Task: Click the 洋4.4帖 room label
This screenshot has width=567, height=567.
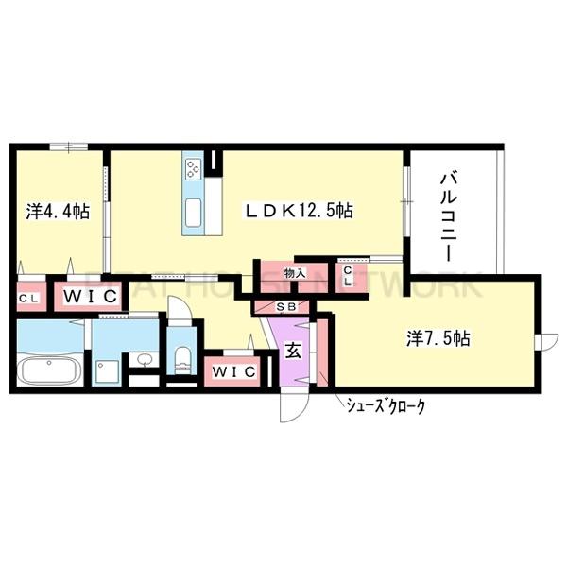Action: (59, 213)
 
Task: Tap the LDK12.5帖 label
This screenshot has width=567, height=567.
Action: (301, 212)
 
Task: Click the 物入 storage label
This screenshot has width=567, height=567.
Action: (296, 273)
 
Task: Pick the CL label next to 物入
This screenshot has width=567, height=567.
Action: (348, 277)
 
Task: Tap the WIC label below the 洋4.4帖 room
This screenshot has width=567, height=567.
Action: (90, 297)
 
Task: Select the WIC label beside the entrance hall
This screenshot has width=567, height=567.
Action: (233, 371)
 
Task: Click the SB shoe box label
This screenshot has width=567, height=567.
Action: (287, 307)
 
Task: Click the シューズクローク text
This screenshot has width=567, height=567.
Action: (383, 406)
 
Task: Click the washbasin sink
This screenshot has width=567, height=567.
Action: (145, 359)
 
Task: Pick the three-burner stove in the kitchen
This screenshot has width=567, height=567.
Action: (195, 170)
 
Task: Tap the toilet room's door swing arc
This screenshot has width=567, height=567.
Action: (178, 311)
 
